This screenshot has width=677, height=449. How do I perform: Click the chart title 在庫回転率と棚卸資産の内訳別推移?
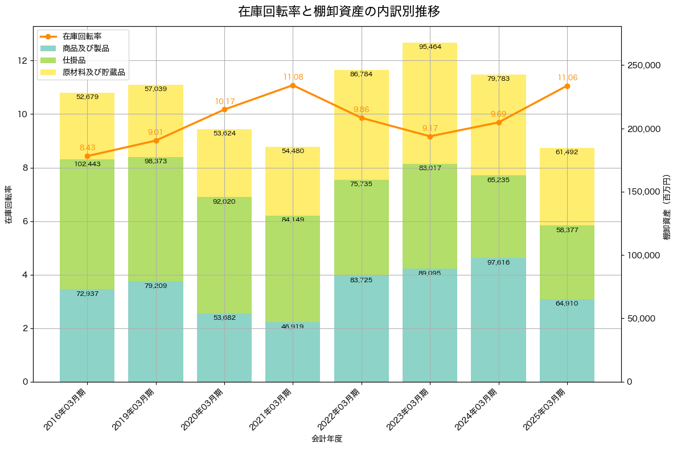click(339, 11)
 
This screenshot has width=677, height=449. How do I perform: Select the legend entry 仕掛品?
click(74, 60)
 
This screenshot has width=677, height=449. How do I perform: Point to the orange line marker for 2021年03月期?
click(293, 85)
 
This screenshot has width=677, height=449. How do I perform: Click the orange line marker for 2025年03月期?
click(567, 86)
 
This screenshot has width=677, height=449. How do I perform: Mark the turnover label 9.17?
click(430, 128)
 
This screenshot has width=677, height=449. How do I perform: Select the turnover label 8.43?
click(87, 147)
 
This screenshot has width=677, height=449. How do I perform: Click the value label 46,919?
click(293, 327)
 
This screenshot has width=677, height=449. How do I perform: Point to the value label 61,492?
click(567, 152)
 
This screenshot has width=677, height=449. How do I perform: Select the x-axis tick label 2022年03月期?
click(339, 409)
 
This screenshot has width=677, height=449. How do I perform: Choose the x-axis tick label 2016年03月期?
click(65, 409)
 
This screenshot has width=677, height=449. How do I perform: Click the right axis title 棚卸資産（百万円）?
click(667, 207)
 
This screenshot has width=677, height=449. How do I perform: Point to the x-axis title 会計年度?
click(327, 439)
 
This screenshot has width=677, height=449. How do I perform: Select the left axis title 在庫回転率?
click(9, 205)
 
